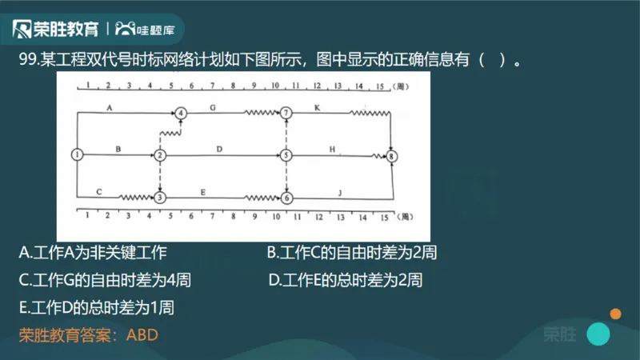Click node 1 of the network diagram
coord(77,154)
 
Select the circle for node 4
coord(182,114)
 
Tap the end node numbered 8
coord(391,158)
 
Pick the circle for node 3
coord(160,197)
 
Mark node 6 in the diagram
coord(287,197)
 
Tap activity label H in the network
coord(331,149)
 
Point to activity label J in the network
coord(339,191)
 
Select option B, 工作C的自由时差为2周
coord(351,254)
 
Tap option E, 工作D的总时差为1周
coord(96,307)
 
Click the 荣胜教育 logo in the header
coord(56,30)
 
